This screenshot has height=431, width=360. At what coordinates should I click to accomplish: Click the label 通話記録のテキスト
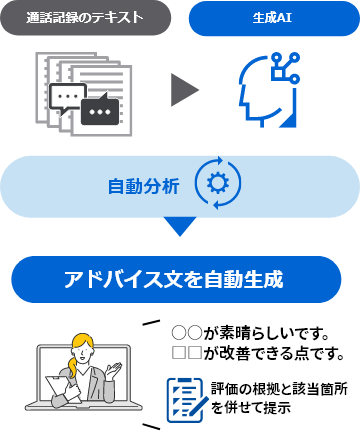(x=84, y=18)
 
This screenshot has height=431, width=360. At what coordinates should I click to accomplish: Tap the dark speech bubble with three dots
(x=102, y=111)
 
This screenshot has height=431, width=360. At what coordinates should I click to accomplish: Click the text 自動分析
(x=144, y=186)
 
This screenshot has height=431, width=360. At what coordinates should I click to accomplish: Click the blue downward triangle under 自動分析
(x=180, y=226)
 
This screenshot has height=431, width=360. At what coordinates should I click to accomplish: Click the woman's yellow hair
(x=79, y=346)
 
